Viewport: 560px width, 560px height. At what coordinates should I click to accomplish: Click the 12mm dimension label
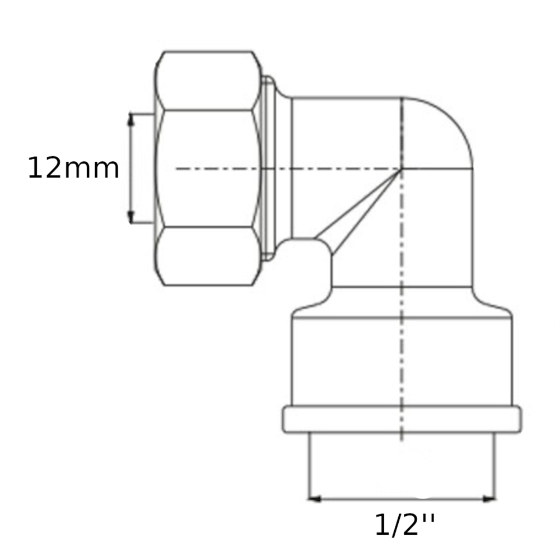coord(73,168)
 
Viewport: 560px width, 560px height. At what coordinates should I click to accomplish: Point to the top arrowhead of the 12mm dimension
coord(132,118)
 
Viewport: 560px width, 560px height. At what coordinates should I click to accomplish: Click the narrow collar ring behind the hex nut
coord(269,168)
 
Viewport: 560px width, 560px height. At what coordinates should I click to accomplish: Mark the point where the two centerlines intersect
coord(402,169)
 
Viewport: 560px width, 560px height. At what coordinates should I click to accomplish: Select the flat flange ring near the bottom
coord(402,419)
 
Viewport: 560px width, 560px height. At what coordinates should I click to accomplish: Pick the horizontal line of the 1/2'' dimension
coord(402,498)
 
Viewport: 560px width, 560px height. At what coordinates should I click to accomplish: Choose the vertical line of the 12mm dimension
coord(132,168)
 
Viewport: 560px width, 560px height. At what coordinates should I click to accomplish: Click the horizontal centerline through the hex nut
coord(224,169)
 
